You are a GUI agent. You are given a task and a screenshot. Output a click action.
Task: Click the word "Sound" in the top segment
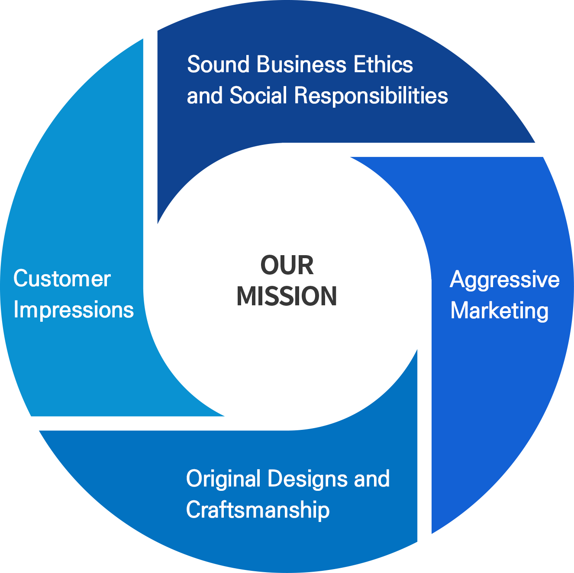(218, 64)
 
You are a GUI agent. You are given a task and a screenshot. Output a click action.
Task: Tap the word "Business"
(301, 64)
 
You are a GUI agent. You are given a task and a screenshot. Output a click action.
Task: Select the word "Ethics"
(384, 64)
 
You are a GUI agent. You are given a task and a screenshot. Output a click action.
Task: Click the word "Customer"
(62, 278)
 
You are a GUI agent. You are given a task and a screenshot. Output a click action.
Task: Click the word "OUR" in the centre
(287, 265)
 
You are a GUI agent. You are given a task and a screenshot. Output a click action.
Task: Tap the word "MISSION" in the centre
(287, 296)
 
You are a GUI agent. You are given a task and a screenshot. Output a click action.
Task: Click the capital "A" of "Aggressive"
(458, 279)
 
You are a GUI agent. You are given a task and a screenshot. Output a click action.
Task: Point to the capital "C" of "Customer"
(21, 278)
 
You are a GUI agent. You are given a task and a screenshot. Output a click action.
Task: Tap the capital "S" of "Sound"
(194, 64)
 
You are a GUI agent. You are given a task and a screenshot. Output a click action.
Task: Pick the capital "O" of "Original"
(195, 479)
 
